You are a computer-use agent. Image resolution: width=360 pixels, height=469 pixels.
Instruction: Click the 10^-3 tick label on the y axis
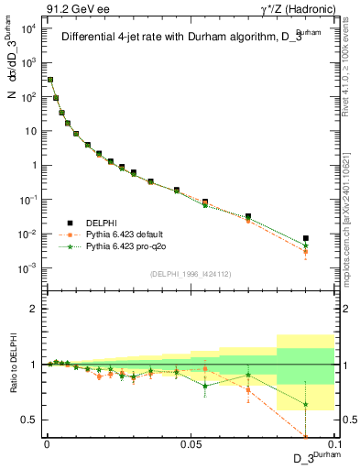coord(27,267)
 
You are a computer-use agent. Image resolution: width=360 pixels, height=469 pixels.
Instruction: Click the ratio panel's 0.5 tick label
coord(27,420)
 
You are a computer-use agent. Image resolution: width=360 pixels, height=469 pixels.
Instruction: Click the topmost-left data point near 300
coord(50,80)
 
